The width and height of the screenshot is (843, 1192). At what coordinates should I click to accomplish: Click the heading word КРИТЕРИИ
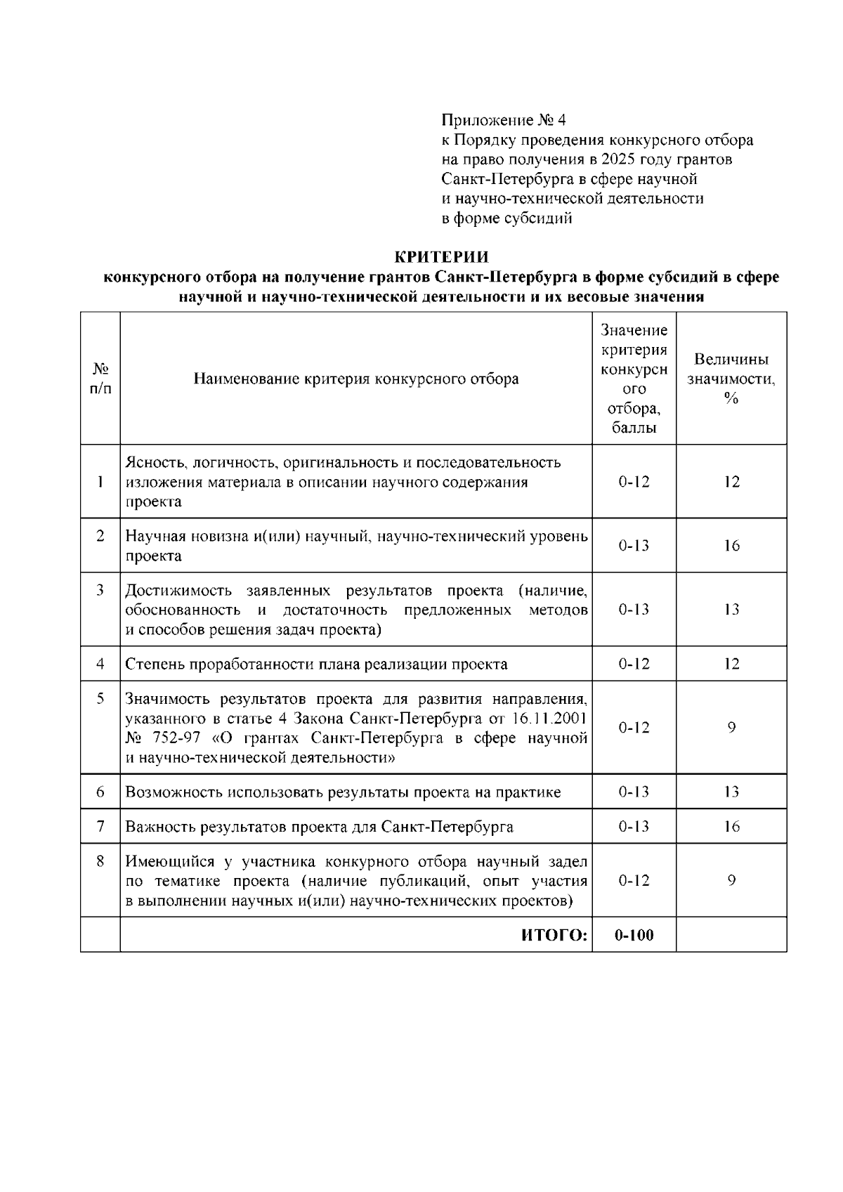coord(440,256)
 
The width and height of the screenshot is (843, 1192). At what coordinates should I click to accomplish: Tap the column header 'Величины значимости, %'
coord(731,379)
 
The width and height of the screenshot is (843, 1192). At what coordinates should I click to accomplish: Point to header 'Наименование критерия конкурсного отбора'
coord(356,379)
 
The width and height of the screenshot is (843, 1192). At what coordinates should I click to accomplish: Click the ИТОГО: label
coord(554,935)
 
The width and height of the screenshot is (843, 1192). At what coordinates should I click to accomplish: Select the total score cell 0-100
coord(634,935)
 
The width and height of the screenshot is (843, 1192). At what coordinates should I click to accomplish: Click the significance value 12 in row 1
coord(731,482)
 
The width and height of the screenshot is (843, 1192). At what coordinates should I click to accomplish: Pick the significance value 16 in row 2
coord(731,546)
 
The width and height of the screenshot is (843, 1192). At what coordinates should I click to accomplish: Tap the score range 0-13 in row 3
coord(634,610)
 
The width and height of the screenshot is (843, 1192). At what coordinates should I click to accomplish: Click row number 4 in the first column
coord(100,664)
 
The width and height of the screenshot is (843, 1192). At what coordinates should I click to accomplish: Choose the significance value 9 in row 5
coord(731,728)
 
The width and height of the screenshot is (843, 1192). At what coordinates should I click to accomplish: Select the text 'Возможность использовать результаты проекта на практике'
coord(343,792)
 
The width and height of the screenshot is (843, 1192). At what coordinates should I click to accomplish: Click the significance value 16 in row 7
coord(731,827)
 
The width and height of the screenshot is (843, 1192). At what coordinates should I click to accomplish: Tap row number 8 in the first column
coord(100,861)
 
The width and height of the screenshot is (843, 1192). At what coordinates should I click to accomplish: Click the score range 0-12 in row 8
coord(634,881)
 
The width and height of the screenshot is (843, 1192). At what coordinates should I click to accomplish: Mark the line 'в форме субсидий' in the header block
coord(507,218)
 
